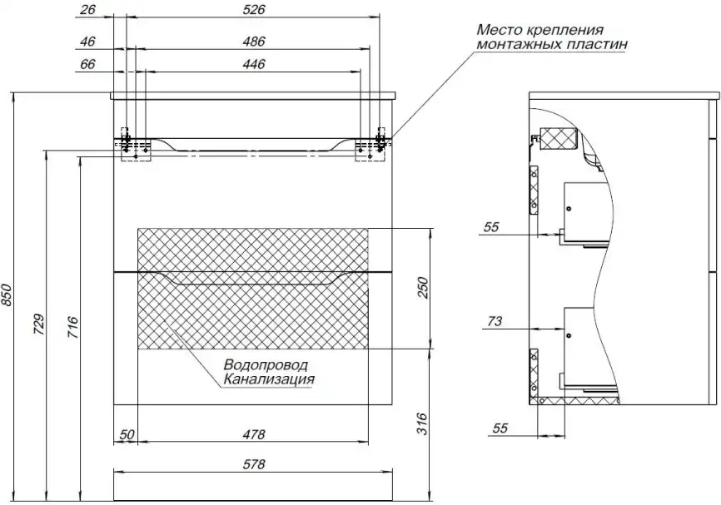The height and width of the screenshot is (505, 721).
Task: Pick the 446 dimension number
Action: point(254,64)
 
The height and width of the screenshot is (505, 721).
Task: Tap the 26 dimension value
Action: point(90,10)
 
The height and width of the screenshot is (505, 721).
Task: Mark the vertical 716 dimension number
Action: point(72,324)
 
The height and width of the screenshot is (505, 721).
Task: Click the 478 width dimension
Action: point(254,433)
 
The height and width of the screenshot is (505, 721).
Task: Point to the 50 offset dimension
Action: point(127,433)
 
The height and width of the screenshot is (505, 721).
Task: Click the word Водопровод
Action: point(265,365)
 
